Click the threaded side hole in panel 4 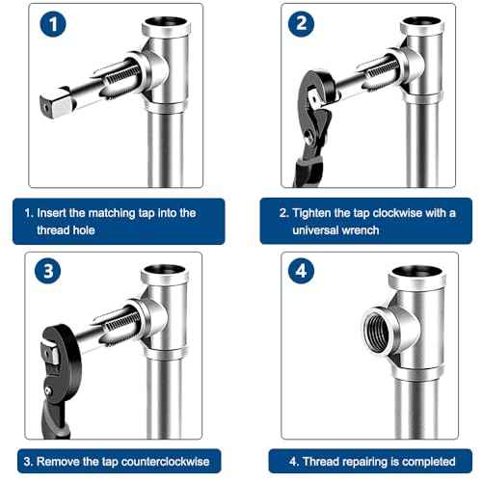(x=378, y=336)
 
